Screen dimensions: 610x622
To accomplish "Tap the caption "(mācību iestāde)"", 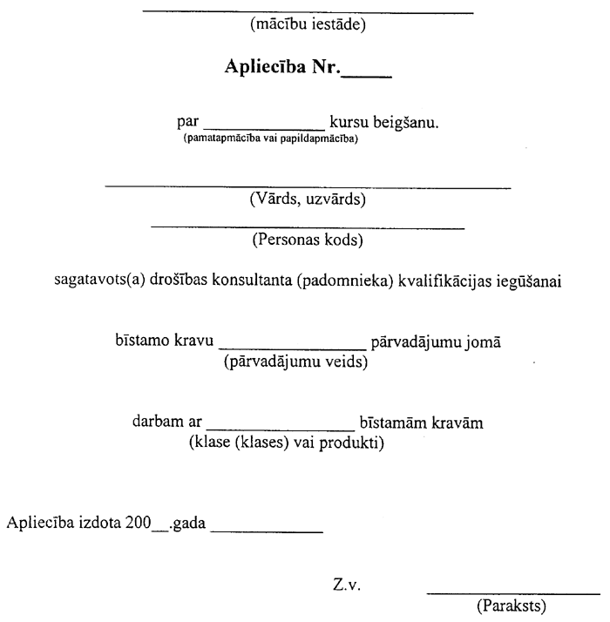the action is [x=307, y=24].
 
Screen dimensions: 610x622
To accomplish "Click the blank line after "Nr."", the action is [x=367, y=77].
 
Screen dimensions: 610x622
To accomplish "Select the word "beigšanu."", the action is [x=404, y=123].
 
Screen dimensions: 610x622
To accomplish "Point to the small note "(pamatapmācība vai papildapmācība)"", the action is [x=270, y=138].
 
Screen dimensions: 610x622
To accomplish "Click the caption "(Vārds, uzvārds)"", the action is [x=307, y=199].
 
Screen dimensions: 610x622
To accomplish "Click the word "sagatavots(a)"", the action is [x=92, y=281].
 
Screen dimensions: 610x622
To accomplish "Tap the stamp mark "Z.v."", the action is [x=346, y=585].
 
